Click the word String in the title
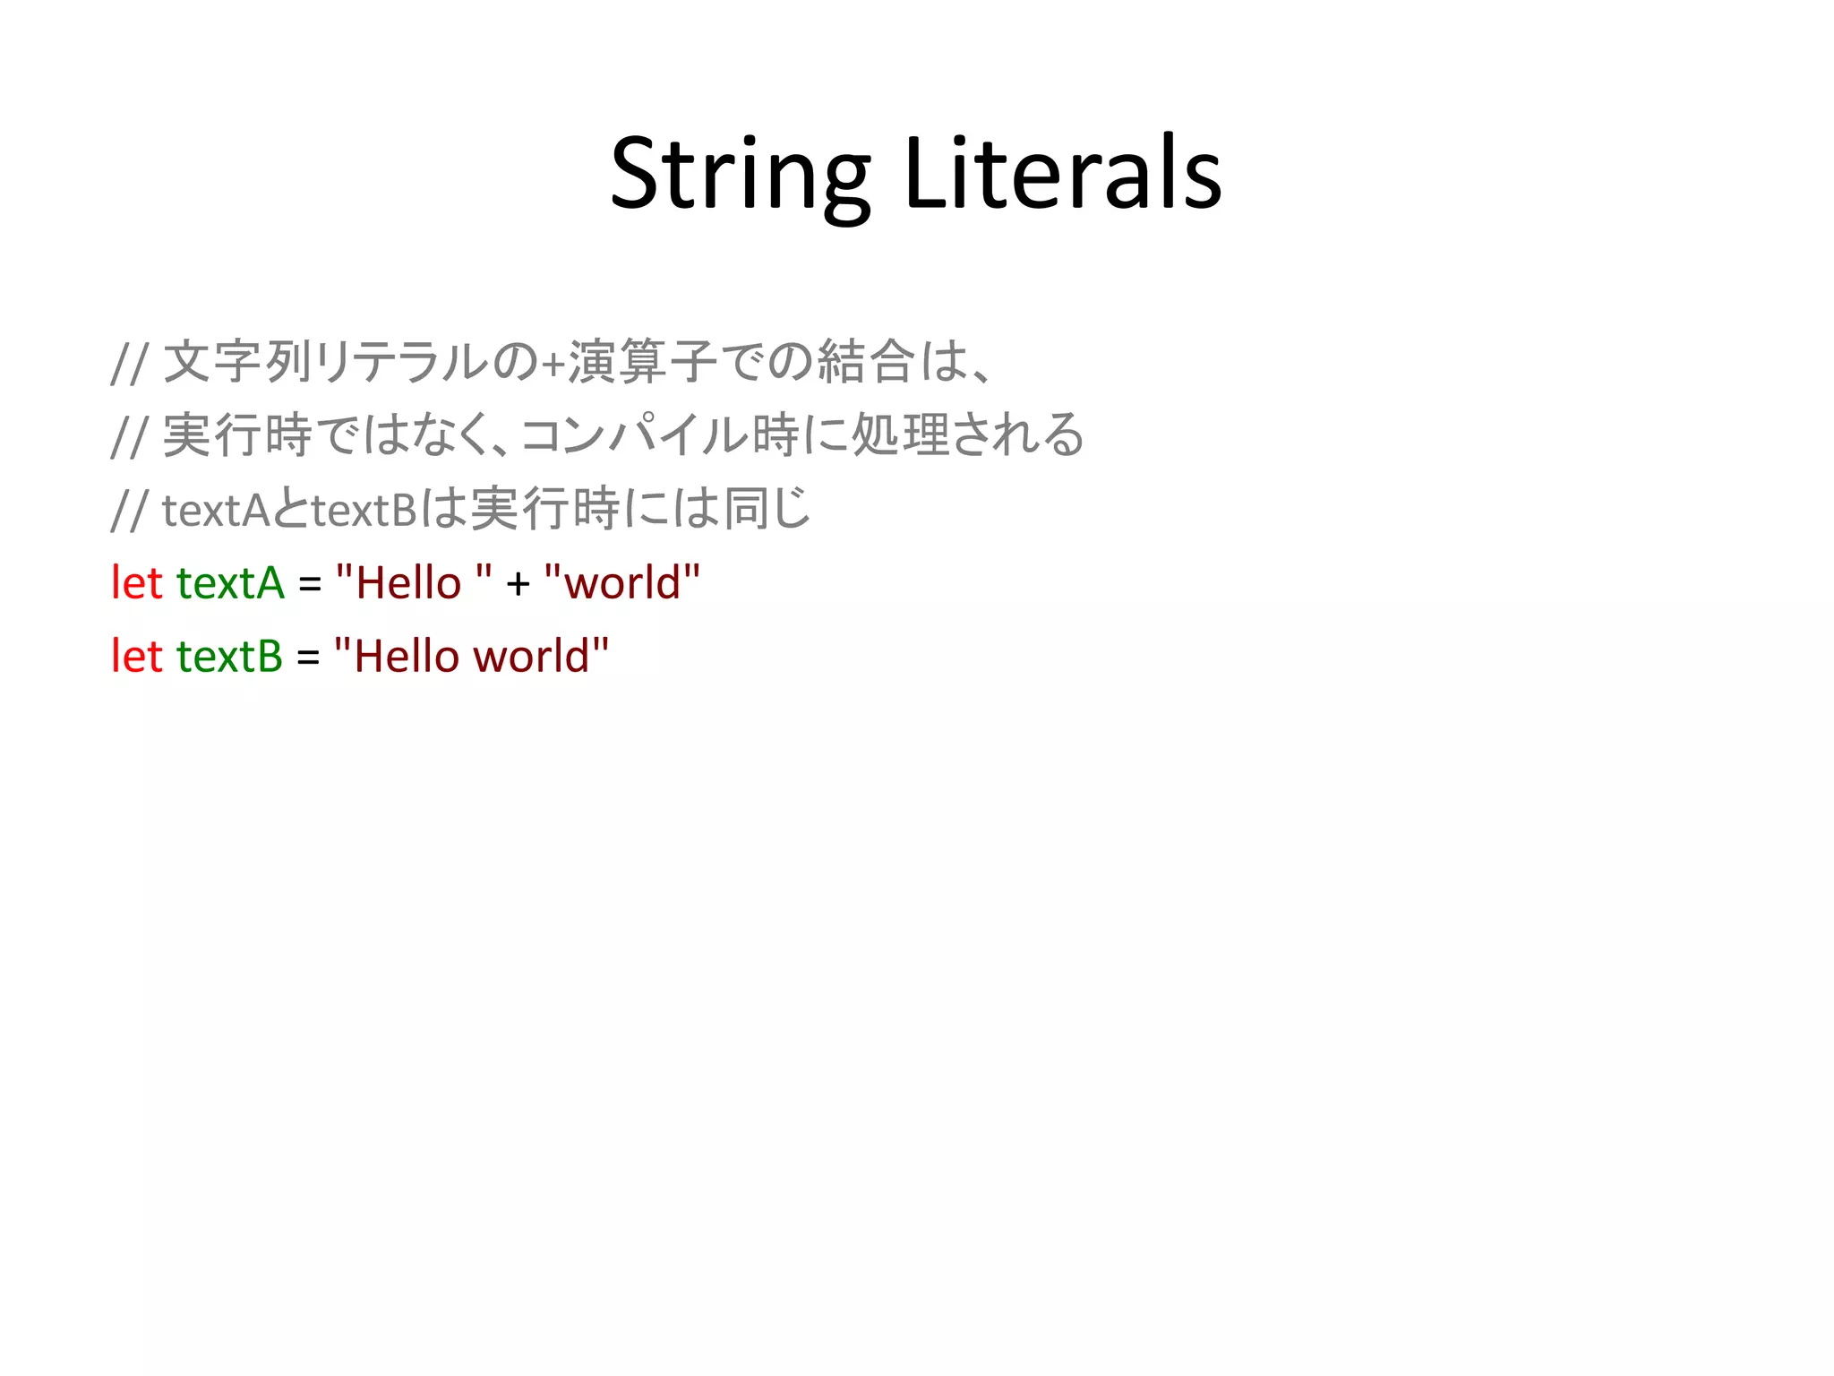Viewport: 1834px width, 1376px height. point(740,175)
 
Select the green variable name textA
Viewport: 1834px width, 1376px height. point(230,583)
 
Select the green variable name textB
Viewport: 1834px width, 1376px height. point(229,657)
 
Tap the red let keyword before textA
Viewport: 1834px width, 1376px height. point(136,583)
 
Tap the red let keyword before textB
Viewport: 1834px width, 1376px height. point(136,657)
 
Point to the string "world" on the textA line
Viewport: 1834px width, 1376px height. point(622,583)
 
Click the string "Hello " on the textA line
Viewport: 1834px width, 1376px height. point(414,583)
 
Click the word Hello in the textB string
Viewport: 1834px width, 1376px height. point(407,657)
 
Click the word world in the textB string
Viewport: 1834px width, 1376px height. point(531,657)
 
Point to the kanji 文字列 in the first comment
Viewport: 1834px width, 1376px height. point(237,362)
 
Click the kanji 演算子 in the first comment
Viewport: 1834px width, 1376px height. point(642,362)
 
